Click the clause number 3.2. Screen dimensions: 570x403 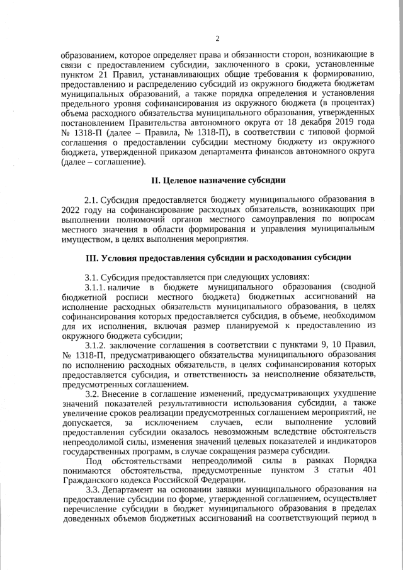pyautogui.click(x=92, y=394)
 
